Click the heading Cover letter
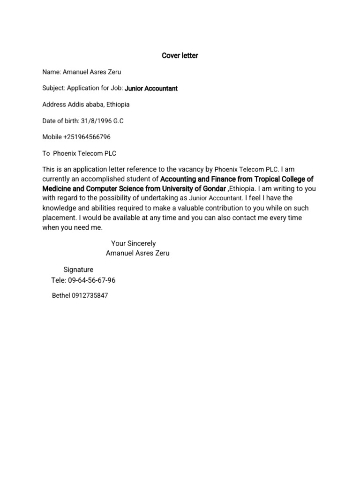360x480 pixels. click(180, 56)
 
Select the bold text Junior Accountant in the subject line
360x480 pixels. click(151, 88)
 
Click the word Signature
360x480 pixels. click(78, 270)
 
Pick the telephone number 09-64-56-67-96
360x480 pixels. click(92, 280)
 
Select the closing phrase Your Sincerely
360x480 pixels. click(133, 243)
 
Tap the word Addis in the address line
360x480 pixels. click(76, 105)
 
